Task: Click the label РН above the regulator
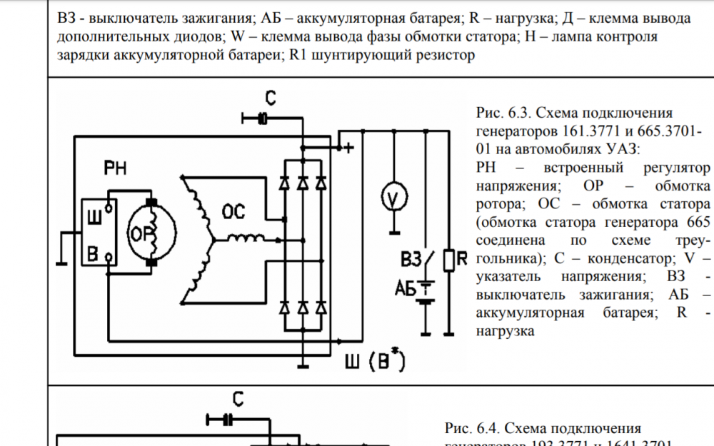coord(116,168)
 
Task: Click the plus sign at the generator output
coord(348,148)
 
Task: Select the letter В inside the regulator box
coord(94,253)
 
